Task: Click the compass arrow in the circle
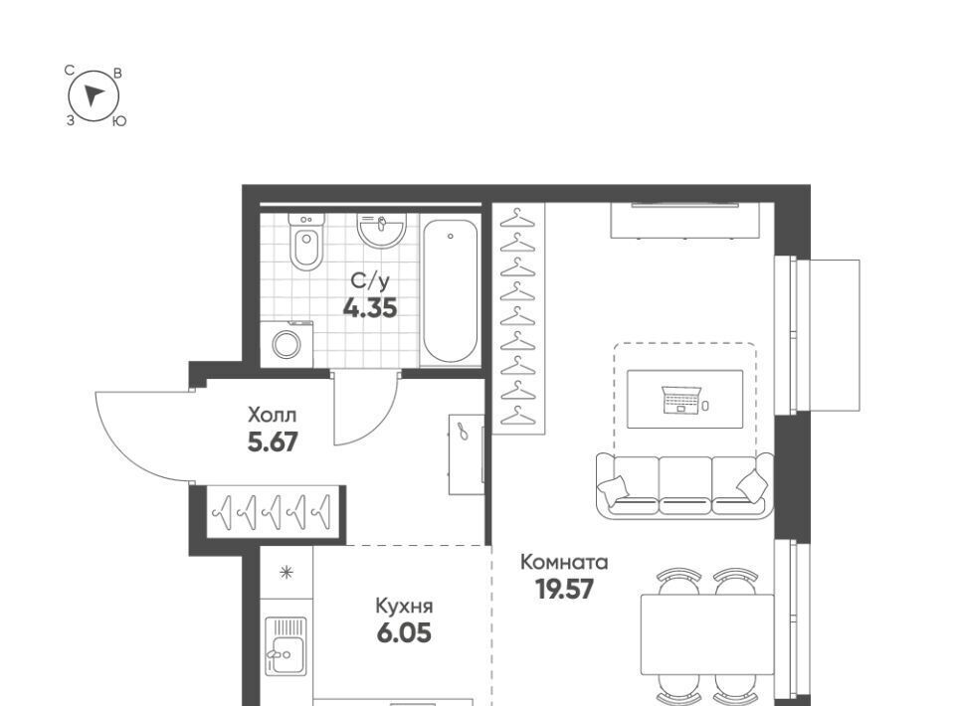94,94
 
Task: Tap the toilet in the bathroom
305,243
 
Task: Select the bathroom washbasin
382,232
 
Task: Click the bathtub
450,291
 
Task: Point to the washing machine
286,344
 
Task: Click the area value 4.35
370,308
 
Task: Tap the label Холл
273,415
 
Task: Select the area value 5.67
273,442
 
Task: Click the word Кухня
404,607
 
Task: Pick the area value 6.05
404,633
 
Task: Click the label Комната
564,563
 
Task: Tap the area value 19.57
564,589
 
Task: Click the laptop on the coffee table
680,400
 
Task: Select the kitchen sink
286,646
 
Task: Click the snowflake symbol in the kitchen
286,572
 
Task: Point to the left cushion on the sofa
613,488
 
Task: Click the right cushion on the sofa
752,484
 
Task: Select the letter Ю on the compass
119,121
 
